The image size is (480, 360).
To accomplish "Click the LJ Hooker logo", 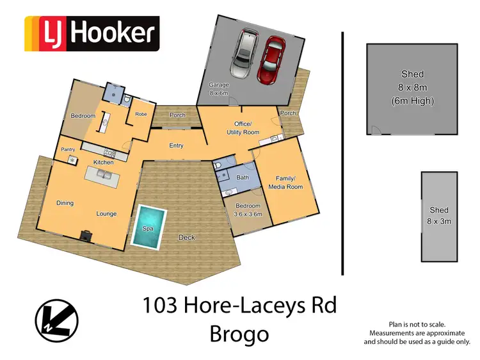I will [91, 33].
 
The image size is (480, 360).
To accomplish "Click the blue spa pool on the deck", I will [148, 225].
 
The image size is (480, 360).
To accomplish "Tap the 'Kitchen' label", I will [104, 163].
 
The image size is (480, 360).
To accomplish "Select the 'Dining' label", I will [65, 203].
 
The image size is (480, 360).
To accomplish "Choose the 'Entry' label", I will [176, 146].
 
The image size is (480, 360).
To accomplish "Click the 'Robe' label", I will [141, 115].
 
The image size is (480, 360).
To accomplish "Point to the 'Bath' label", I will [242, 177].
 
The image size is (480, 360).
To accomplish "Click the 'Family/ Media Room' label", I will [288, 182].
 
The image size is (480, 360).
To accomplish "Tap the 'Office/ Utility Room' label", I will [243, 127].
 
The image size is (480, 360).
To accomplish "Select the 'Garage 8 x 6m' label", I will [219, 89].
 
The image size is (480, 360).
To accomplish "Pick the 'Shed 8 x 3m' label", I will [439, 215].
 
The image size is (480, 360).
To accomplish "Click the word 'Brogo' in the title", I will [239, 334].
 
